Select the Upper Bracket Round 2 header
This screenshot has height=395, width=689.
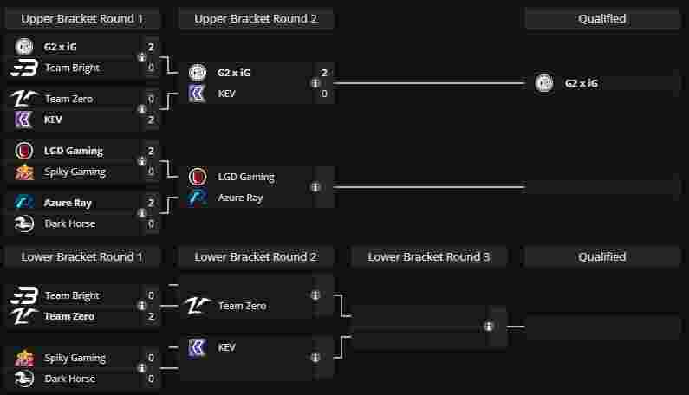256,18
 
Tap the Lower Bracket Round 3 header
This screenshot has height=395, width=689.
429,256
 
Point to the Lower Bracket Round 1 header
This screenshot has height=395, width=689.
82,256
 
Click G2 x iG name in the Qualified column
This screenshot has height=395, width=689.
581,83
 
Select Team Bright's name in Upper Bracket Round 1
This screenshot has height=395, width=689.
72,68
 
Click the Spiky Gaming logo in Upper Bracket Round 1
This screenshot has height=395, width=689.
25,172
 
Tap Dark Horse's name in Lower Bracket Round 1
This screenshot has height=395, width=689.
69,379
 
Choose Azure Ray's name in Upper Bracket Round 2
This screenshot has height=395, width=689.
240,197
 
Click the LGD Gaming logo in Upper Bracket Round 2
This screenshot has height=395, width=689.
198,177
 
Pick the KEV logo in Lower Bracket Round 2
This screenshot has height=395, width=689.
198,347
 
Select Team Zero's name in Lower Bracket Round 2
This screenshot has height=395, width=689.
242,306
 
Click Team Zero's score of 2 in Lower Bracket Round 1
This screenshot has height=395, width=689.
151,316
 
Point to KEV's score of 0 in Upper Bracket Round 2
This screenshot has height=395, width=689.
324,94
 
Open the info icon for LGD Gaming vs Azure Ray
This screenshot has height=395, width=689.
315,187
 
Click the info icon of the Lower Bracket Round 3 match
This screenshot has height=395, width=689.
489,327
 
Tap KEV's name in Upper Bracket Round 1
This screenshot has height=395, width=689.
53,120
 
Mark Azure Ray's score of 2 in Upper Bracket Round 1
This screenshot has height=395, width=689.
151,203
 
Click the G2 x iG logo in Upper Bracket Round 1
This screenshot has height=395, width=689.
25,47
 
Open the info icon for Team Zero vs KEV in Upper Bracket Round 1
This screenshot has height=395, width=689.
141,109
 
